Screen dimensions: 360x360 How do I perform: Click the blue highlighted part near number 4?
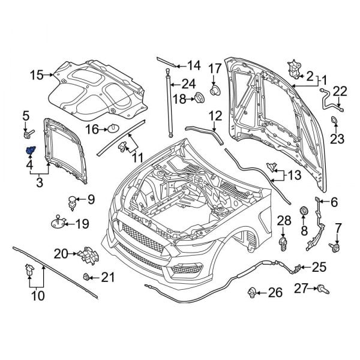coord(29,150)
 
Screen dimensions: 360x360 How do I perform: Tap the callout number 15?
coord(37,75)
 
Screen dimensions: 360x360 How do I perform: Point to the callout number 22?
coord(340,91)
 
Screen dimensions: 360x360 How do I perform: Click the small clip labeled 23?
coord(334,124)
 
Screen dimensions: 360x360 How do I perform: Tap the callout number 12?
coord(215,115)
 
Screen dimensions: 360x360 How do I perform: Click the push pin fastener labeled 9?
coord(73,202)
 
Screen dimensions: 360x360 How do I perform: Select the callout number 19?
coord(82,224)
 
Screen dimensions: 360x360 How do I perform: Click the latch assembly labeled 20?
coord(89,254)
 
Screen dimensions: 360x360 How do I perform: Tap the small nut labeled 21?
coord(88,277)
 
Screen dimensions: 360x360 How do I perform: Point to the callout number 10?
coord(37,295)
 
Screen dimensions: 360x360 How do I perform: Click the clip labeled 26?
coord(253,293)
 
